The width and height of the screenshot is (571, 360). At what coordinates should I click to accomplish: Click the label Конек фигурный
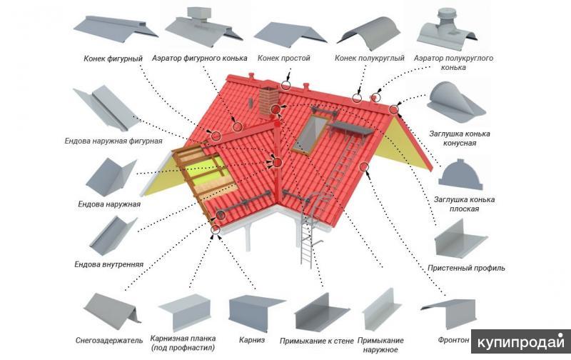click(x=113, y=59)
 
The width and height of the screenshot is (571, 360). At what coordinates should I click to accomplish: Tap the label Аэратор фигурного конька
click(x=200, y=59)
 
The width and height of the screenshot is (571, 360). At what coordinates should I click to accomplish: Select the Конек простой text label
click(x=283, y=59)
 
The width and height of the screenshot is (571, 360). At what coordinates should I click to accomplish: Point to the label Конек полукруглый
click(x=369, y=59)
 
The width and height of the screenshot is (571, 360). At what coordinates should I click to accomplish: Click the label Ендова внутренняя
click(x=109, y=264)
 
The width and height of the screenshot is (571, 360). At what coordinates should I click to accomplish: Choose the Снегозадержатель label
click(x=109, y=341)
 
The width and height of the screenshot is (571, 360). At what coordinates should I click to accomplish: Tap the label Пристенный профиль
click(x=466, y=268)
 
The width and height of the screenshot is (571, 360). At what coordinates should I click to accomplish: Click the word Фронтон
click(x=453, y=340)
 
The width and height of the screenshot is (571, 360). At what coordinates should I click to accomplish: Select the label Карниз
click(x=252, y=340)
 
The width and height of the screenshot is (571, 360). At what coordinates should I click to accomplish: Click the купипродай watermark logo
click(x=521, y=342)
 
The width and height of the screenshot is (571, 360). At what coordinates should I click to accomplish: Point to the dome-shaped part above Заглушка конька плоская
click(x=460, y=174)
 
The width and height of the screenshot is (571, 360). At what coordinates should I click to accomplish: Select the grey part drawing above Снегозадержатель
click(x=111, y=311)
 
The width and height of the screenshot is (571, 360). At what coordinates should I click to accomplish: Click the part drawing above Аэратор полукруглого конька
click(x=448, y=30)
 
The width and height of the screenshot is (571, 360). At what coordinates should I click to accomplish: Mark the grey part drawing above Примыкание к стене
click(x=321, y=312)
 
